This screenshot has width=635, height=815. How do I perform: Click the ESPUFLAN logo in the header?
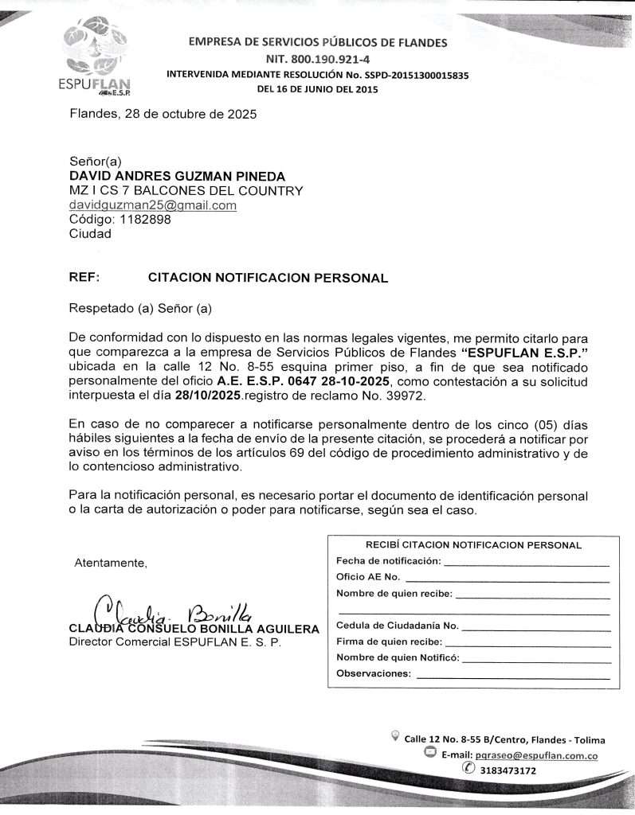(x=98, y=56)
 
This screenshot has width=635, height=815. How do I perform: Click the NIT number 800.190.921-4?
(x=317, y=59)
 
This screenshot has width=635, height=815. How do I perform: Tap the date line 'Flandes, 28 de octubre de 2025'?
(x=163, y=114)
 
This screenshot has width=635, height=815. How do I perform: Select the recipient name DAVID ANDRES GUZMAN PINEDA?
(x=177, y=176)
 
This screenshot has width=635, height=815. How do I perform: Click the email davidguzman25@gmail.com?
(x=153, y=205)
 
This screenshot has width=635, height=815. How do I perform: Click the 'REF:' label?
(x=84, y=278)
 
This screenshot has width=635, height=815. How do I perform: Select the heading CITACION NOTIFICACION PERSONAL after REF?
(x=268, y=278)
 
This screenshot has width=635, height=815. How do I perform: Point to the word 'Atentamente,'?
(x=111, y=563)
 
